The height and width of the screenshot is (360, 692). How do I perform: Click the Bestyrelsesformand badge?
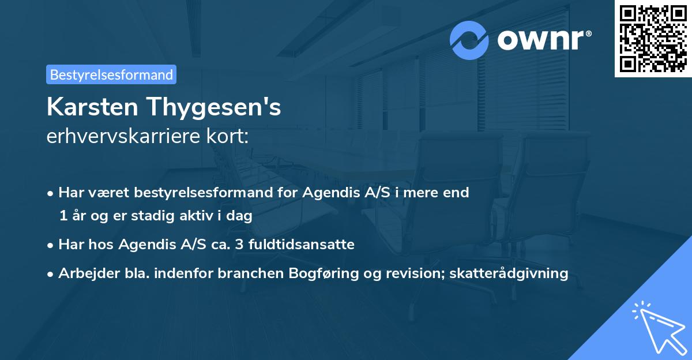click(111, 74)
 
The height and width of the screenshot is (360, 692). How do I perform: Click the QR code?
click(653, 38)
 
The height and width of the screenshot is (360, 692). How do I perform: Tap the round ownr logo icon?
click(469, 40)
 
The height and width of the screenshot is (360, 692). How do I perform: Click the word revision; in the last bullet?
click(413, 273)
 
